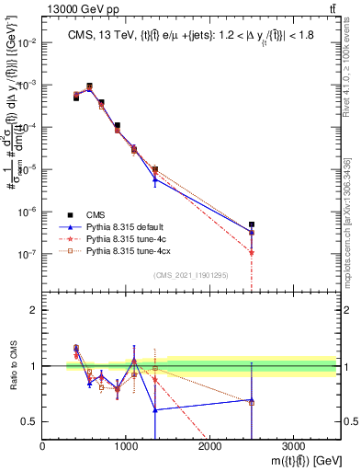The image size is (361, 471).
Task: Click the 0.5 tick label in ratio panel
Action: (30, 421)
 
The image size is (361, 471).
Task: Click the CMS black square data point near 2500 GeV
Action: (252, 224)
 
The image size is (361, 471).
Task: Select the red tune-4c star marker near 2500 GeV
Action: (252, 252)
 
